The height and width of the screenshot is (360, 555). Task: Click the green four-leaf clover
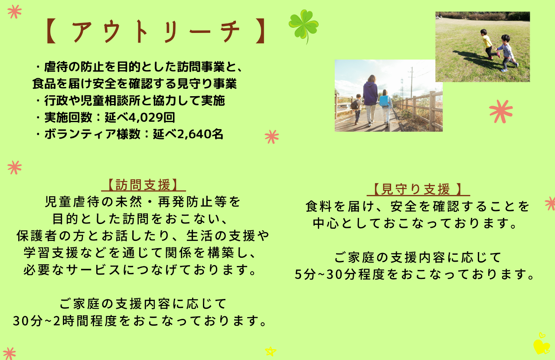point(304,26)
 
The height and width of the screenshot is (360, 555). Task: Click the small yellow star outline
point(270,351)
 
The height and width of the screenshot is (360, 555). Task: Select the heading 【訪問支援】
point(143,185)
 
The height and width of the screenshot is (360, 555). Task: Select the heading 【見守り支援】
point(418,189)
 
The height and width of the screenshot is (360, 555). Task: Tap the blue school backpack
point(384,101)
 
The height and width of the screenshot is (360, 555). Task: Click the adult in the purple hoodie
point(371,100)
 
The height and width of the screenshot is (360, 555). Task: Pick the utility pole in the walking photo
point(411,82)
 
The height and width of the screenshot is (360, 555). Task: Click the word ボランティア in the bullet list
point(80,134)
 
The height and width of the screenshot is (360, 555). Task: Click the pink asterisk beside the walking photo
point(501,111)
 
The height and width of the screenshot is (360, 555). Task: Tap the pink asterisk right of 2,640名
point(271,136)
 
